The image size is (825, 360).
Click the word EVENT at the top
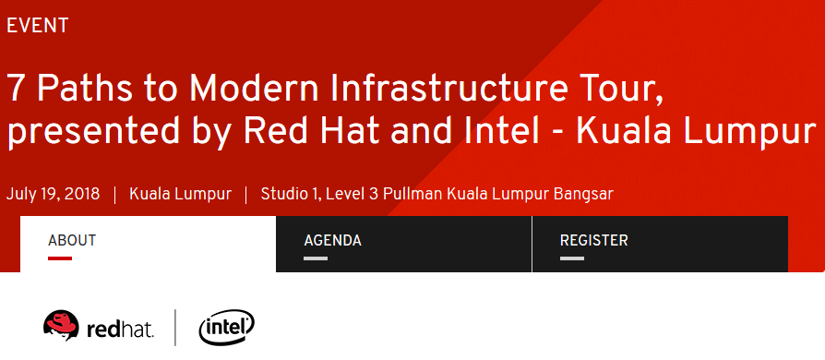38,26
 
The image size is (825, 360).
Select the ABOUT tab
72,241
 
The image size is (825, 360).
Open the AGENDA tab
332,241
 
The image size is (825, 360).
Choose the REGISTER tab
593,241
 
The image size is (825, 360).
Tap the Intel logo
226,327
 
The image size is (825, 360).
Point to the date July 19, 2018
53,194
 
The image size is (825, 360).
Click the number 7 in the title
16,89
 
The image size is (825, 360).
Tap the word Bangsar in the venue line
582,194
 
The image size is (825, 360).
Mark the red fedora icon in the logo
61,325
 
